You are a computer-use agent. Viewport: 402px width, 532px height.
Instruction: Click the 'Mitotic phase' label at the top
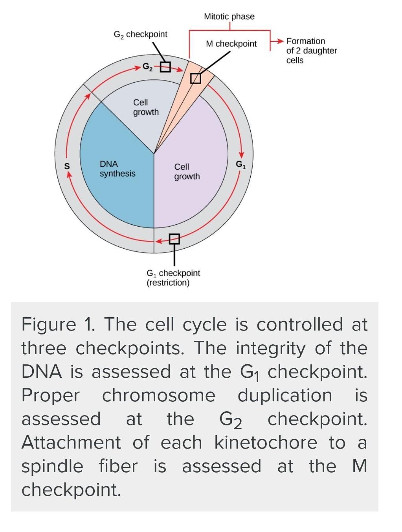(229, 17)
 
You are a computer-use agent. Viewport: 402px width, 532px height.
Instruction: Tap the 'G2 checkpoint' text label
(140, 35)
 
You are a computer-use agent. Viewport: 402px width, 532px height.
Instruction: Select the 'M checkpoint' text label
(231, 44)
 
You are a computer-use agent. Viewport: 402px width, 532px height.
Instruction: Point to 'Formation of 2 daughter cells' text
(311, 51)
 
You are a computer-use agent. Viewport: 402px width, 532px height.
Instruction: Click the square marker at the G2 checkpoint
(165, 67)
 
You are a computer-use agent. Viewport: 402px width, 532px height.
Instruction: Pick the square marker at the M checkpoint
(195, 79)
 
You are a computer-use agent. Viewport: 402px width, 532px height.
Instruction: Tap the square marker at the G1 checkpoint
(174, 239)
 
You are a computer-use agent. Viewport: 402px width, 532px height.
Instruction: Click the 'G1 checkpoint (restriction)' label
(173, 278)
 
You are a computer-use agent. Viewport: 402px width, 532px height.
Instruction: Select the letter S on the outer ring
(67, 166)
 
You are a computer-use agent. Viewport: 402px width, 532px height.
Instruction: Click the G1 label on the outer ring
(240, 164)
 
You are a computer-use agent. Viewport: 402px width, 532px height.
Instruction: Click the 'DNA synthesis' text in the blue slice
(117, 169)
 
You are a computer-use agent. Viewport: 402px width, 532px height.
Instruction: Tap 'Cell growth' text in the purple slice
(187, 172)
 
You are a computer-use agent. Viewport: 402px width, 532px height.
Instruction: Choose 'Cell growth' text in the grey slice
(146, 107)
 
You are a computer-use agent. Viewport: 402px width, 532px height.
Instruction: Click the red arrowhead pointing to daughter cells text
(279, 41)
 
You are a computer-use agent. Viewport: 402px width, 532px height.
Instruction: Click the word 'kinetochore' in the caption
(266, 443)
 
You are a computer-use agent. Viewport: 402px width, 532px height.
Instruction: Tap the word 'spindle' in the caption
(52, 466)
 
